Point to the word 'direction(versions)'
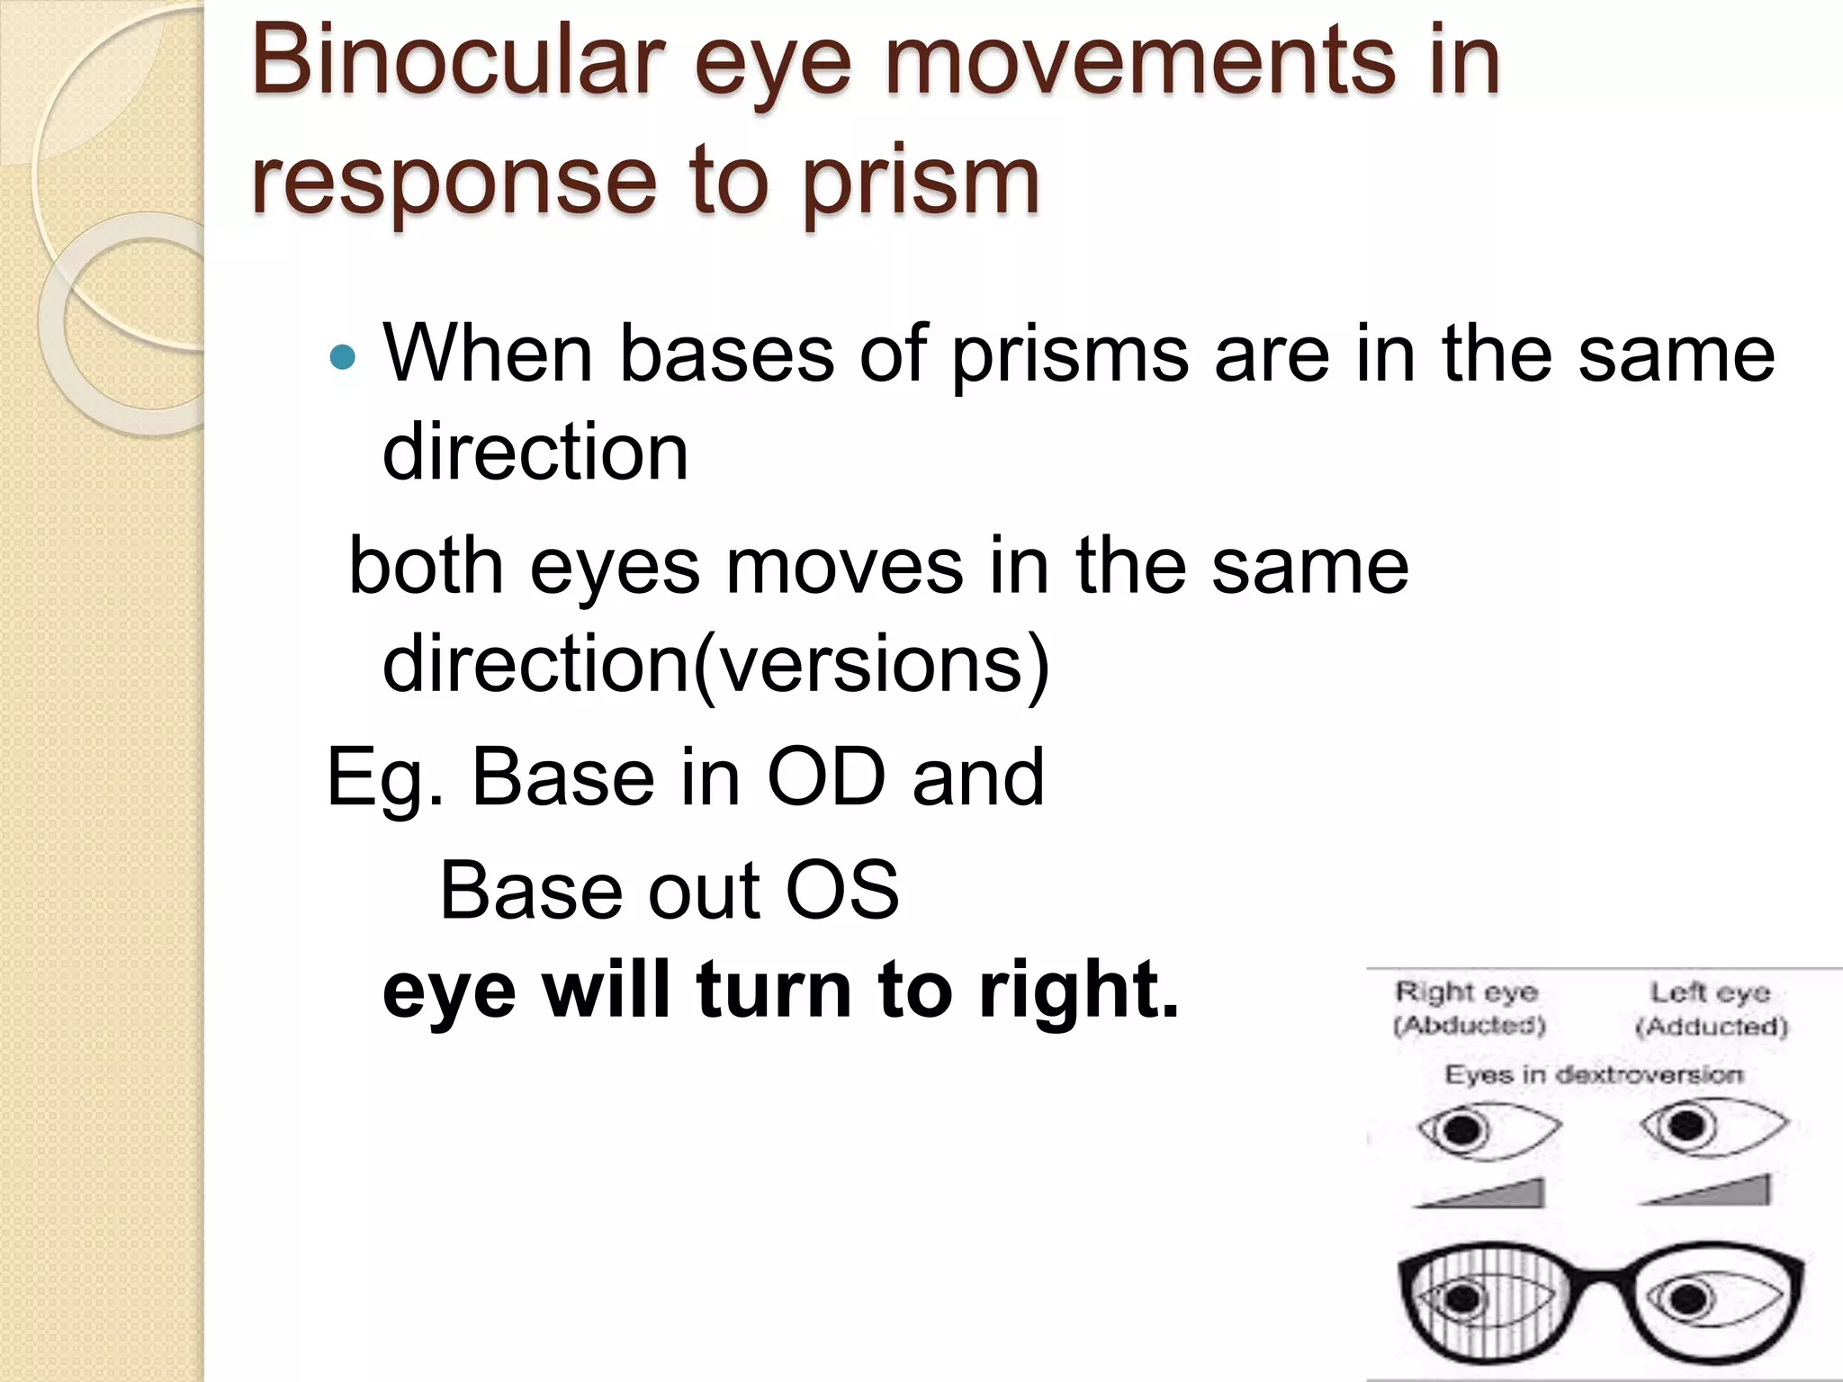click(x=716, y=664)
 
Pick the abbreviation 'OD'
click(x=826, y=777)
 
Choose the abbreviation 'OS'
click(x=841, y=891)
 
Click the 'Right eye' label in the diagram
click(x=1467, y=992)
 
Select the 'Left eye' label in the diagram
click(x=1710, y=992)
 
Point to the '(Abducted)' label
click(x=1469, y=1026)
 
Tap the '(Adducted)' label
click(x=1711, y=1026)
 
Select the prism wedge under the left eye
click(x=1714, y=1192)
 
